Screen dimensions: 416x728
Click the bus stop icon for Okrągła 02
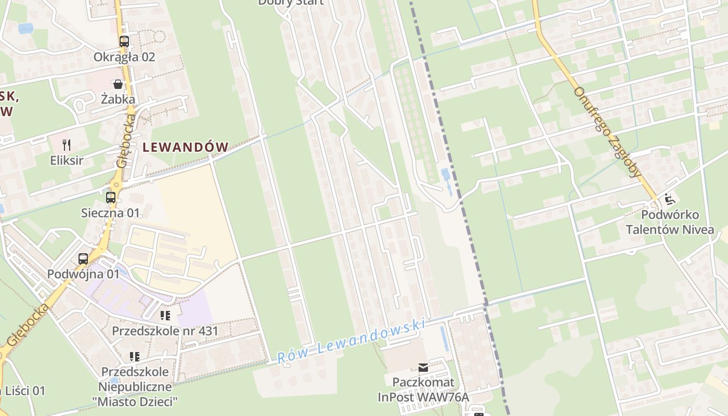point(124,42)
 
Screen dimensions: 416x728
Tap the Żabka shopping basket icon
point(118,84)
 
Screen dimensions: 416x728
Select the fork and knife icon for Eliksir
point(66,145)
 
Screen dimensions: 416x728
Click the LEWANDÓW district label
point(186,147)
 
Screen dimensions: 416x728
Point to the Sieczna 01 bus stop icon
point(110,198)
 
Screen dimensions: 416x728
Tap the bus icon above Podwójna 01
point(83,258)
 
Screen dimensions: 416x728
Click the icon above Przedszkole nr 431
point(165,315)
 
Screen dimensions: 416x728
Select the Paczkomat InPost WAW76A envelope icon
point(423,368)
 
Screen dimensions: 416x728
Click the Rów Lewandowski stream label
point(351,340)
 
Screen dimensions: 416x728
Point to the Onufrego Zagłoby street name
point(607,132)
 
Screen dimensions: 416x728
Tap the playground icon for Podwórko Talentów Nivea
point(670,199)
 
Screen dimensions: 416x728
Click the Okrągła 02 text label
point(124,57)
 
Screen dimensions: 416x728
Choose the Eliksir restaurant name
point(67,160)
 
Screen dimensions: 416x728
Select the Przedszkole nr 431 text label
point(165,331)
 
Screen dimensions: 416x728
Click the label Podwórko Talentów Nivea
point(670,222)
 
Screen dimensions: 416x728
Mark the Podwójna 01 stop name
point(83,274)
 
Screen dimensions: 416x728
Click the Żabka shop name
point(118,99)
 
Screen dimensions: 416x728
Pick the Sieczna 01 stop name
point(111,213)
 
